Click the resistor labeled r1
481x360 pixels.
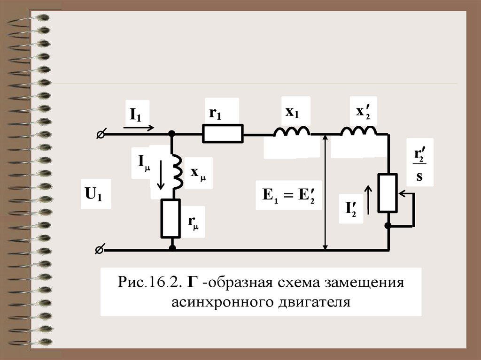coord(223,133)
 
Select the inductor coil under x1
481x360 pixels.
coord(292,131)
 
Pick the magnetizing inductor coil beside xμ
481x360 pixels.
coord(177,171)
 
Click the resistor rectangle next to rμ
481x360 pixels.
coord(171,218)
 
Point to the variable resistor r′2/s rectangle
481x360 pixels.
coord(388,192)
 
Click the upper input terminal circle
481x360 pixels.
coord(100,134)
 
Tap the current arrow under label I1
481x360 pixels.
coord(139,127)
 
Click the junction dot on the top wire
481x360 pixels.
coord(172,134)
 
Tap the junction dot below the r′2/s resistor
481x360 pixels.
coord(388,226)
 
